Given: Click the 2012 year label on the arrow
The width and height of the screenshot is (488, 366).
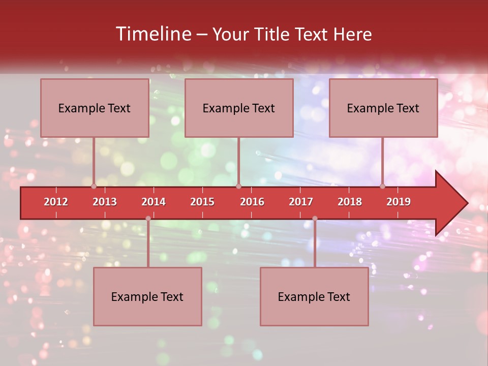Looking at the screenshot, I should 56,202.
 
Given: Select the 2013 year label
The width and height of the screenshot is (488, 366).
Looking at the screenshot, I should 105,202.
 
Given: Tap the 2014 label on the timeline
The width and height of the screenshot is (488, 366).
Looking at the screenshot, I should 154,202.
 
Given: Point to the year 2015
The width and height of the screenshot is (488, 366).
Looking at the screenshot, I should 202,202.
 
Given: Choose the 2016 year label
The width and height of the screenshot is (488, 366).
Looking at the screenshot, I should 252,202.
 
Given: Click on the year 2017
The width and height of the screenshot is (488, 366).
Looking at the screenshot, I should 301,202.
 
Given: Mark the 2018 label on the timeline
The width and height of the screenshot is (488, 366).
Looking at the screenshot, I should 350,202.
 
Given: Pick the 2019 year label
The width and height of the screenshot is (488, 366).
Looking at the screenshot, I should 399,202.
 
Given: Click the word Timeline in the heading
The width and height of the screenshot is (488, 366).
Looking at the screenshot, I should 152,34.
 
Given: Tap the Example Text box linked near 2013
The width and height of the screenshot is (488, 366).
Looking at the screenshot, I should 95,108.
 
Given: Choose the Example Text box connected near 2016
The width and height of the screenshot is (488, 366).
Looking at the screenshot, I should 239,108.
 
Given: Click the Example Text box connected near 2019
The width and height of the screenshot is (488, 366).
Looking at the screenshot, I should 383,108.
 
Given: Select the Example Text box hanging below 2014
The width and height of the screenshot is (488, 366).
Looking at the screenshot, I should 147,296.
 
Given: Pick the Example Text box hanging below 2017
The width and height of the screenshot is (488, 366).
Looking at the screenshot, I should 314,296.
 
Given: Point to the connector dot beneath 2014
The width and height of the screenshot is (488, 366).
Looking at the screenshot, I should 148,219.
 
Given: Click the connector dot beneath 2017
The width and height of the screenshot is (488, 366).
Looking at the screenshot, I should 315,219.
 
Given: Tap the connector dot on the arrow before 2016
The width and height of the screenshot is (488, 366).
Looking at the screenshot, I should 238,186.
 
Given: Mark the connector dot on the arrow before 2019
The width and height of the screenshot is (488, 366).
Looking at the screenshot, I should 383,186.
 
